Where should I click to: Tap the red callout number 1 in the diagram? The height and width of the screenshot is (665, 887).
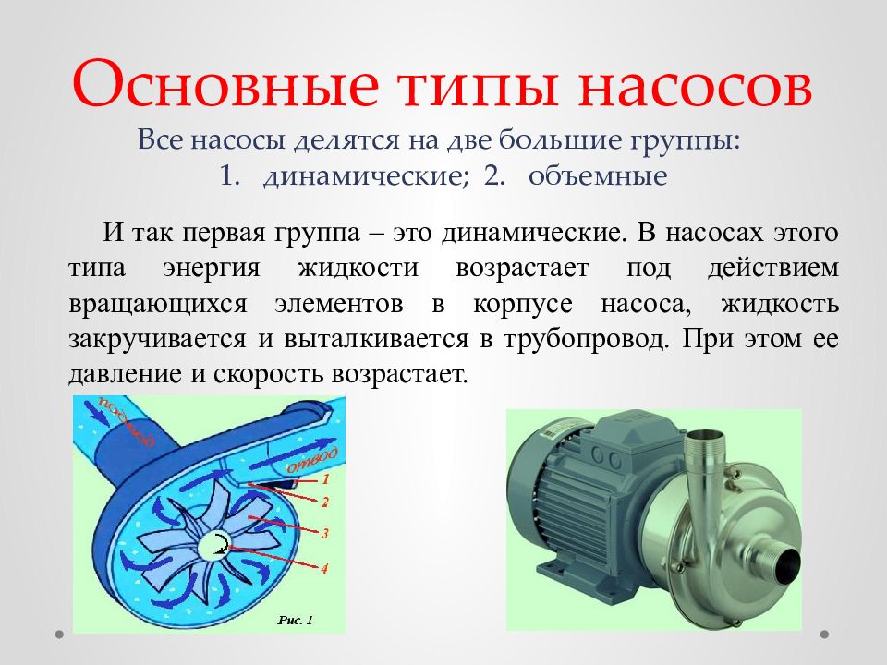[325, 480]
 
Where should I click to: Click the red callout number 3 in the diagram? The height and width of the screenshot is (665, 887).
[325, 533]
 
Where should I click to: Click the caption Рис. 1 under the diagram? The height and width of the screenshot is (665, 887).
[296, 620]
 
